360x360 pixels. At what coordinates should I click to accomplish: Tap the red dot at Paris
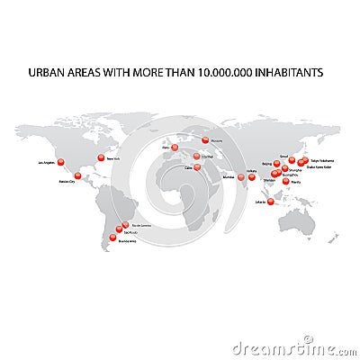pyautogui.click(x=176, y=146)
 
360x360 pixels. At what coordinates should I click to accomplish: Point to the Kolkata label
pyautogui.click(x=251, y=169)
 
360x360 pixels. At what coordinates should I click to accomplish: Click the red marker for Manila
pyautogui.click(x=286, y=181)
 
